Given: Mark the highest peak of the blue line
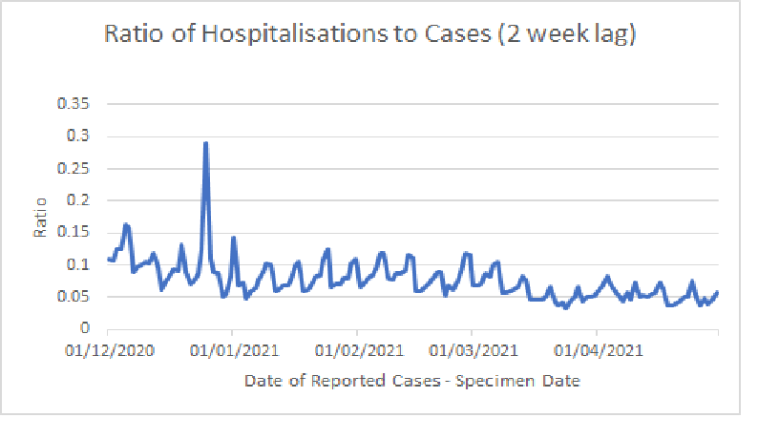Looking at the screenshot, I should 205,143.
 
